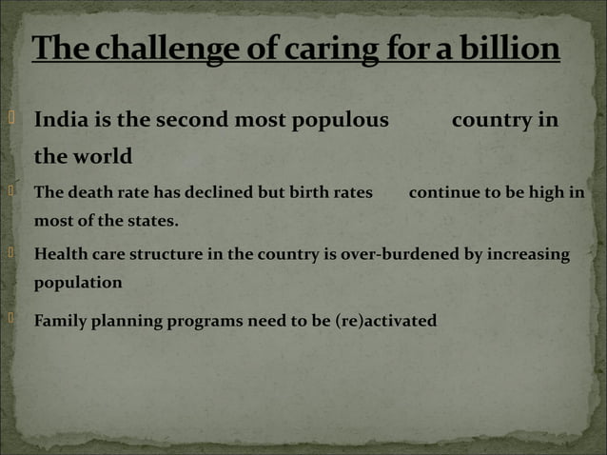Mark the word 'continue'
pyautogui.click(x=444, y=192)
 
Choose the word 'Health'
pyautogui.click(x=63, y=254)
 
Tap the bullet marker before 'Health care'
pyautogui.click(x=10, y=252)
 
